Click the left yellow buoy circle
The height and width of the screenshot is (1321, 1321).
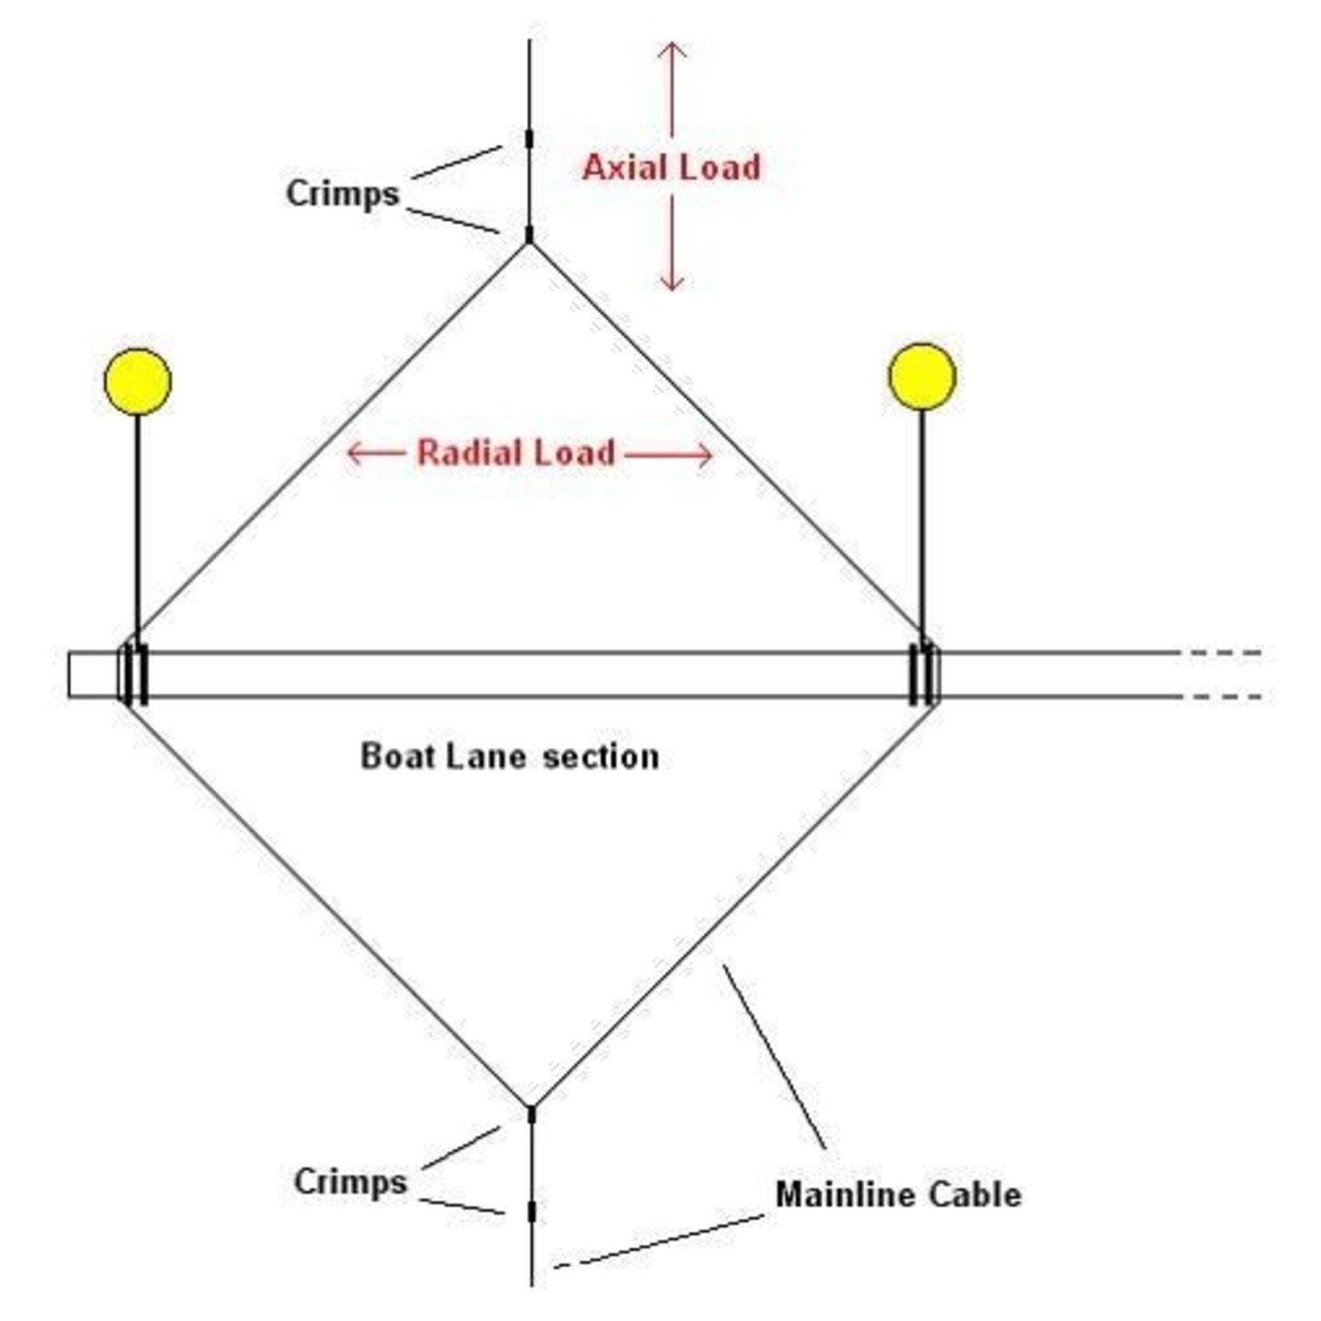coord(138,381)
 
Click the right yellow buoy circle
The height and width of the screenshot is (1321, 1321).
coord(922,377)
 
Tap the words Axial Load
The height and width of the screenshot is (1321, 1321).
coord(671,168)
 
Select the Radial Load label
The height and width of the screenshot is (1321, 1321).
coord(516,453)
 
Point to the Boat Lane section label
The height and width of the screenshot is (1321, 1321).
coord(509,756)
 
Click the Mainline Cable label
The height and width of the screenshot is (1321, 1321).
coord(898,1195)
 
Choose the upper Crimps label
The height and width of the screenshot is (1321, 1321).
coord(342,194)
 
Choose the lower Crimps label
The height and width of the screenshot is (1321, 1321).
coord(350,1182)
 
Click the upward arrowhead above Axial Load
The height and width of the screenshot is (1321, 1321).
coord(672,48)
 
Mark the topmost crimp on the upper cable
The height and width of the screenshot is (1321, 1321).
coord(529,138)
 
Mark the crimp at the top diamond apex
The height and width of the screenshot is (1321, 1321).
coord(529,234)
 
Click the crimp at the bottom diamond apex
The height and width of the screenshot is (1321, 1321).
coord(531,1114)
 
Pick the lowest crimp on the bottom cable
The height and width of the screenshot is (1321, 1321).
coord(532,1211)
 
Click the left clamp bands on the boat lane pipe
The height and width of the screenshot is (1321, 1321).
coord(134,674)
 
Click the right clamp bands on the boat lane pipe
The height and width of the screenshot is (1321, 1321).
coord(924,674)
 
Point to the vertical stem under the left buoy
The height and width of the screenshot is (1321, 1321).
coord(138,520)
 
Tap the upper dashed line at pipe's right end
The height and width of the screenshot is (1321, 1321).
coord(1223,653)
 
